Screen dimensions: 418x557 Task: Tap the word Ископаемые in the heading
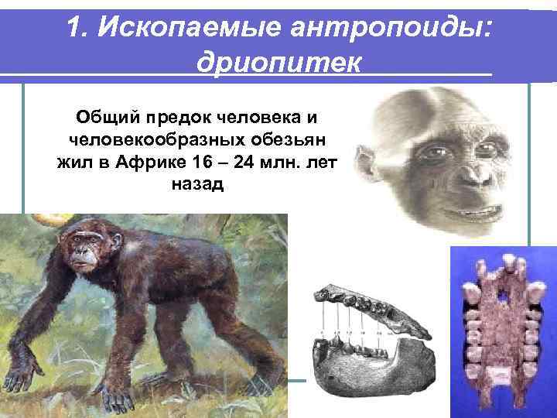click(x=173, y=28)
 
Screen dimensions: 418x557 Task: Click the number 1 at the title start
click(x=75, y=28)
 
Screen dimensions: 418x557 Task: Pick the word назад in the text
click(x=194, y=185)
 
